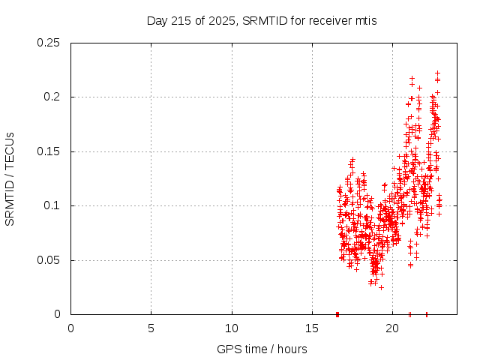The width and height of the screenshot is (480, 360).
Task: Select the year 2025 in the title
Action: [220, 21]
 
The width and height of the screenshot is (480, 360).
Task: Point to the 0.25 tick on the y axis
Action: [49, 43]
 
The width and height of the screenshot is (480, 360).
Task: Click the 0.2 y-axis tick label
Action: [52, 97]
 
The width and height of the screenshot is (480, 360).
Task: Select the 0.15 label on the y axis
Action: [49, 151]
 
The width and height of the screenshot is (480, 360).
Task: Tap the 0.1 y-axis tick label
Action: [52, 205]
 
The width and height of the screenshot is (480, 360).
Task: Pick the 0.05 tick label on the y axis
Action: [49, 260]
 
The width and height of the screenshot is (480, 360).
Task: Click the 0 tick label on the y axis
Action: [58, 314]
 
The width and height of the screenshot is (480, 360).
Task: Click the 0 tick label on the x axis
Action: [70, 328]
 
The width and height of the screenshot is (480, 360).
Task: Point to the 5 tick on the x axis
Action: [151, 328]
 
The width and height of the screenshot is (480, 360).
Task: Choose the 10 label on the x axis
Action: [232, 328]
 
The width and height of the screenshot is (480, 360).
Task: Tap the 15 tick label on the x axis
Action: [312, 328]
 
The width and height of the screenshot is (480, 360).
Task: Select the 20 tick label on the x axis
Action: [392, 328]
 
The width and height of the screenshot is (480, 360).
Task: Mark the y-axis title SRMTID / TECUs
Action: [10, 178]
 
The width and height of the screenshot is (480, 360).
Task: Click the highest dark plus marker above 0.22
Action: [437, 73]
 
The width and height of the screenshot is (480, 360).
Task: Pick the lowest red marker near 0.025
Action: [381, 287]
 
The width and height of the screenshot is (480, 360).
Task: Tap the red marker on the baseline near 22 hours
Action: [427, 314]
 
